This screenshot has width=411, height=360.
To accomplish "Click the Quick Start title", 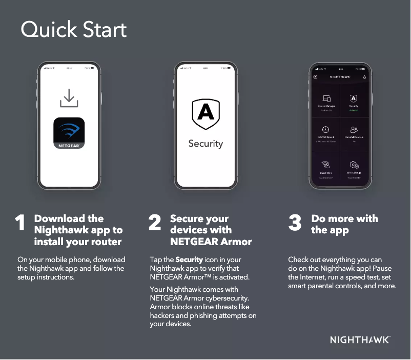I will pyautogui.click(x=73, y=30).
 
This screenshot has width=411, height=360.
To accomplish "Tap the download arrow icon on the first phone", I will pyautogui.click(x=69, y=98).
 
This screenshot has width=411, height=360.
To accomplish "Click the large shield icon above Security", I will pyautogui.click(x=205, y=114).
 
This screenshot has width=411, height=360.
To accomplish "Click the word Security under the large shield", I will pyautogui.click(x=205, y=144).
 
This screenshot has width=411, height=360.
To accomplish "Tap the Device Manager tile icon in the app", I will pyautogui.click(x=326, y=98).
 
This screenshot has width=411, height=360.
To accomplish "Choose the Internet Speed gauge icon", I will pyautogui.click(x=326, y=130).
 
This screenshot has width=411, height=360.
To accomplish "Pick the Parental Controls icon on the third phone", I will pyautogui.click(x=354, y=130).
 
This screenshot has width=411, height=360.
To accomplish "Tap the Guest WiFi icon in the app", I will pyautogui.click(x=326, y=165).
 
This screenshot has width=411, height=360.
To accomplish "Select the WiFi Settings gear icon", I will pyautogui.click(x=354, y=165).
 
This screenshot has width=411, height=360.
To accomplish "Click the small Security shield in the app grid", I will pyautogui.click(x=354, y=98).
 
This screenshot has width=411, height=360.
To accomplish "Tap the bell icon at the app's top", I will pyautogui.click(x=364, y=77).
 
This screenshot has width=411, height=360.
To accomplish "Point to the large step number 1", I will pyautogui.click(x=20, y=224).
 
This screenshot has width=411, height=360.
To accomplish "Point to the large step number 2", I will pyautogui.click(x=154, y=224).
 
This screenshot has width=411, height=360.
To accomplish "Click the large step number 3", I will pyautogui.click(x=295, y=224).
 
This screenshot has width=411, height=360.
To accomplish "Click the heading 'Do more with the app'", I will pyautogui.click(x=344, y=224).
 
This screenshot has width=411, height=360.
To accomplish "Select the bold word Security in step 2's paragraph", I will pyautogui.click(x=189, y=260).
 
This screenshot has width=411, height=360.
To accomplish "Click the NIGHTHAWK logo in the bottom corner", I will pyautogui.click(x=360, y=339).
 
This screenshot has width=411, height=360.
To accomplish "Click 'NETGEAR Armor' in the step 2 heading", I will pyautogui.click(x=211, y=241).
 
